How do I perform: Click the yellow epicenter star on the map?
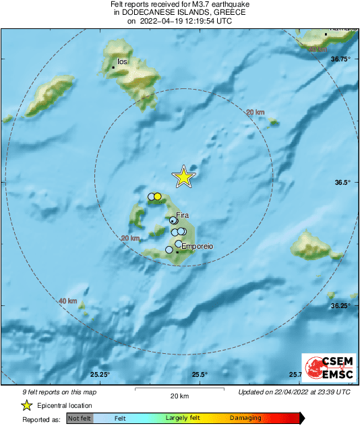click(183, 177)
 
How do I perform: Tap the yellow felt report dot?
click(158, 196)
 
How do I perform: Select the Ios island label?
click(122, 61)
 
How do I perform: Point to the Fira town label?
click(182, 214)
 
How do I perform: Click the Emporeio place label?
click(198, 247)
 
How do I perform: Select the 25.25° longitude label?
click(100, 375)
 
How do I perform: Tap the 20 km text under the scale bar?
click(179, 395)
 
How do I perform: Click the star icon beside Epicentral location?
click(26, 405)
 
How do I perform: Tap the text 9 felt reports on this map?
click(51, 392)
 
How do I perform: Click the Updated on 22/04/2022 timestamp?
click(294, 392)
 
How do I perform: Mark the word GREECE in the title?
click(226, 12)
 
